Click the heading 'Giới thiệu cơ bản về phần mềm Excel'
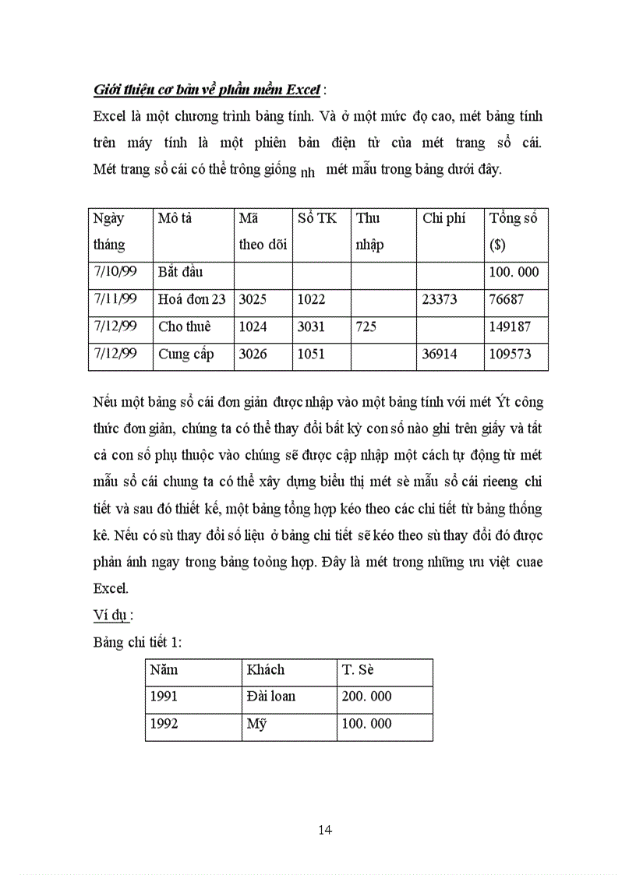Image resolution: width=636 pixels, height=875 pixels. click(207, 90)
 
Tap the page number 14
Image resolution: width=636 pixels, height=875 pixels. click(325, 830)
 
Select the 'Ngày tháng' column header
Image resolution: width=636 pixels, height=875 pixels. click(109, 231)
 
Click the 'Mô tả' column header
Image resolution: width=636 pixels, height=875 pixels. click(175, 218)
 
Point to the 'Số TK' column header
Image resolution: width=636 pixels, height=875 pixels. click(317, 218)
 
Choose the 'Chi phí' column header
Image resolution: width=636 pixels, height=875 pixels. click(443, 218)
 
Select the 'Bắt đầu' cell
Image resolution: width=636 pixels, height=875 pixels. click(180, 273)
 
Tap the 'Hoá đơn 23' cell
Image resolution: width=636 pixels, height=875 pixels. click(192, 299)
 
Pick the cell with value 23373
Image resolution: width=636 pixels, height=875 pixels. click(440, 299)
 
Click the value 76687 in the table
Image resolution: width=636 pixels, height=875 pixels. click(507, 299)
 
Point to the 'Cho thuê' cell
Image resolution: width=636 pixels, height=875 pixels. click(184, 326)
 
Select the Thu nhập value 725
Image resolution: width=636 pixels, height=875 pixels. click(366, 326)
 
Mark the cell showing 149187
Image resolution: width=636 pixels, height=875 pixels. click(510, 326)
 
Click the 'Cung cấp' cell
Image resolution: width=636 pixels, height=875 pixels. click(185, 355)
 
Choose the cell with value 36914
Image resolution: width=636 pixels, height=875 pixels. click(440, 355)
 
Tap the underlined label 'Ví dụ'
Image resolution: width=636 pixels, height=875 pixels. click(110, 615)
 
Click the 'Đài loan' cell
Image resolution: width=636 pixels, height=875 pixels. click(271, 697)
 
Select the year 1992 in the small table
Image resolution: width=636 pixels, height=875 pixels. click(164, 724)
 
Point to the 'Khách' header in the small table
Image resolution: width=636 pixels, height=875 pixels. click(266, 669)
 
